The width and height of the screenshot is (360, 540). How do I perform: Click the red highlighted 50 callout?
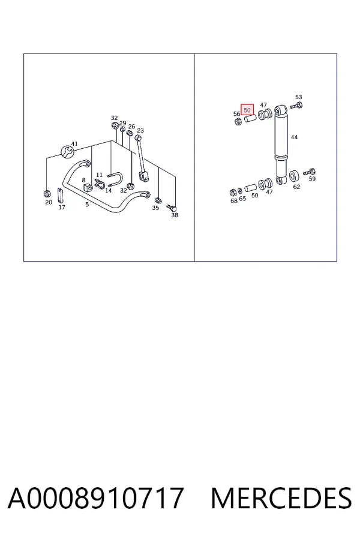click(x=247, y=110)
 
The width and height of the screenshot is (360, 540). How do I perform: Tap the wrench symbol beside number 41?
click(x=68, y=152)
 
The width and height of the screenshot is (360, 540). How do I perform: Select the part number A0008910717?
click(x=95, y=498)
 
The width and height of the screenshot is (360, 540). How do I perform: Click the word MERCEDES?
click(x=281, y=498)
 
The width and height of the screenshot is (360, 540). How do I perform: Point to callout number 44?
click(x=294, y=137)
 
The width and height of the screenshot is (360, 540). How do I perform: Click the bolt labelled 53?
click(x=296, y=106)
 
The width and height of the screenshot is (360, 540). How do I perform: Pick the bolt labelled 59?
click(x=310, y=172)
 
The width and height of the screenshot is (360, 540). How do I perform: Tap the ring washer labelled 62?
click(x=294, y=176)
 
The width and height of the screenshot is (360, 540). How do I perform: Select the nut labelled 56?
click(x=238, y=121)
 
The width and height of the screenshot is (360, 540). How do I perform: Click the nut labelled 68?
click(x=233, y=192)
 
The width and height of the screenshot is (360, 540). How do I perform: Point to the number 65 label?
click(x=242, y=199)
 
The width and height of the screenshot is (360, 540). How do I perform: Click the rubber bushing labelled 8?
click(x=86, y=188)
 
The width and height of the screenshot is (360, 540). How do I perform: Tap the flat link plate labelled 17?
click(x=60, y=196)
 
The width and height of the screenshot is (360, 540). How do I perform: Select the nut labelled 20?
click(x=47, y=193)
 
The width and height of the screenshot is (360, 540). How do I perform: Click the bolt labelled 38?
click(x=172, y=208)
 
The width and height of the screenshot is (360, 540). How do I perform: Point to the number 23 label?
click(x=140, y=131)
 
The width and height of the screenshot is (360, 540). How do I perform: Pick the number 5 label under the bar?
click(x=87, y=204)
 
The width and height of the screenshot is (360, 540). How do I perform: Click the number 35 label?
click(x=155, y=208)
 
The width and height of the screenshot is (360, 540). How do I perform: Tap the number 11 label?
click(x=99, y=175)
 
